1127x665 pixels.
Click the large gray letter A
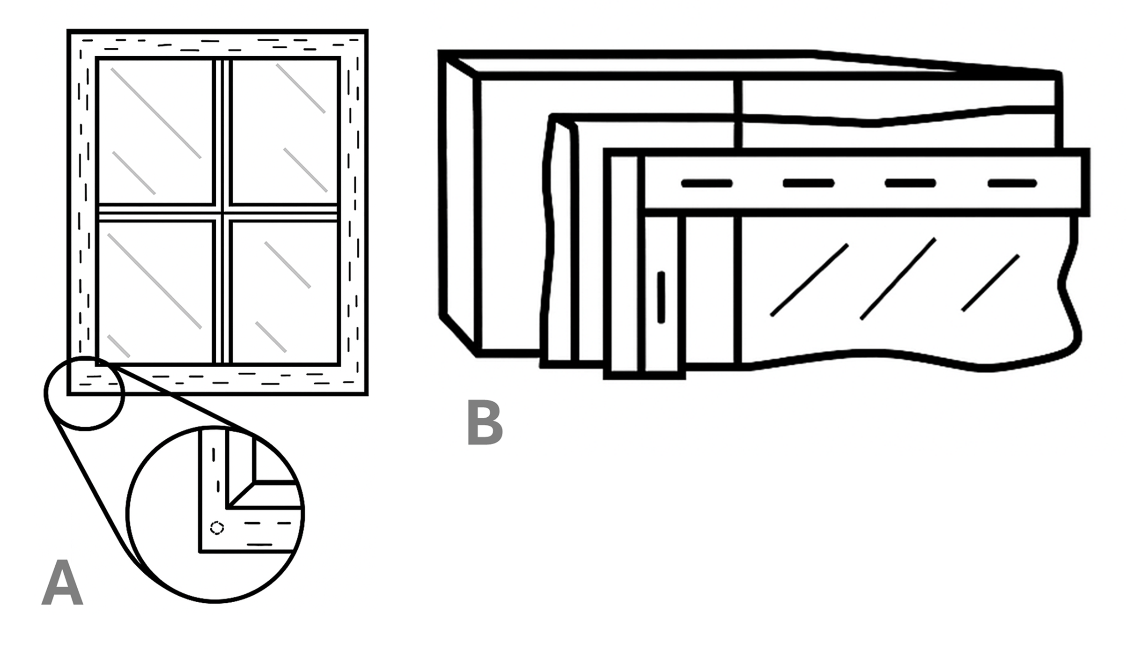tap(62, 583)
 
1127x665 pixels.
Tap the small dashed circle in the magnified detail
tap(216, 528)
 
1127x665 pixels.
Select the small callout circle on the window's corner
tap(85, 393)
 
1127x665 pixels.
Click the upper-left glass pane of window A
tap(155, 131)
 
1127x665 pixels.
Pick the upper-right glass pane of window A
tap(284, 131)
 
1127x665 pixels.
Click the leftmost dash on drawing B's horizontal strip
tap(707, 183)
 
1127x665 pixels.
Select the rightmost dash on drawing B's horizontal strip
tap(1012, 183)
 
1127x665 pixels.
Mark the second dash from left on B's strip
tap(808, 183)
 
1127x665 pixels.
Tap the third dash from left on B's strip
tap(910, 183)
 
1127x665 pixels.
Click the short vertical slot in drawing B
tap(661, 297)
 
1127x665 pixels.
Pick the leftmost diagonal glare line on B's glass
tap(809, 280)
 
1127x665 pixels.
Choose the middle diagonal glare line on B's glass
tap(898, 279)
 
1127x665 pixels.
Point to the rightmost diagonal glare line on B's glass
tap(990, 283)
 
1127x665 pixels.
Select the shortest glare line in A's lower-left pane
tap(118, 346)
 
